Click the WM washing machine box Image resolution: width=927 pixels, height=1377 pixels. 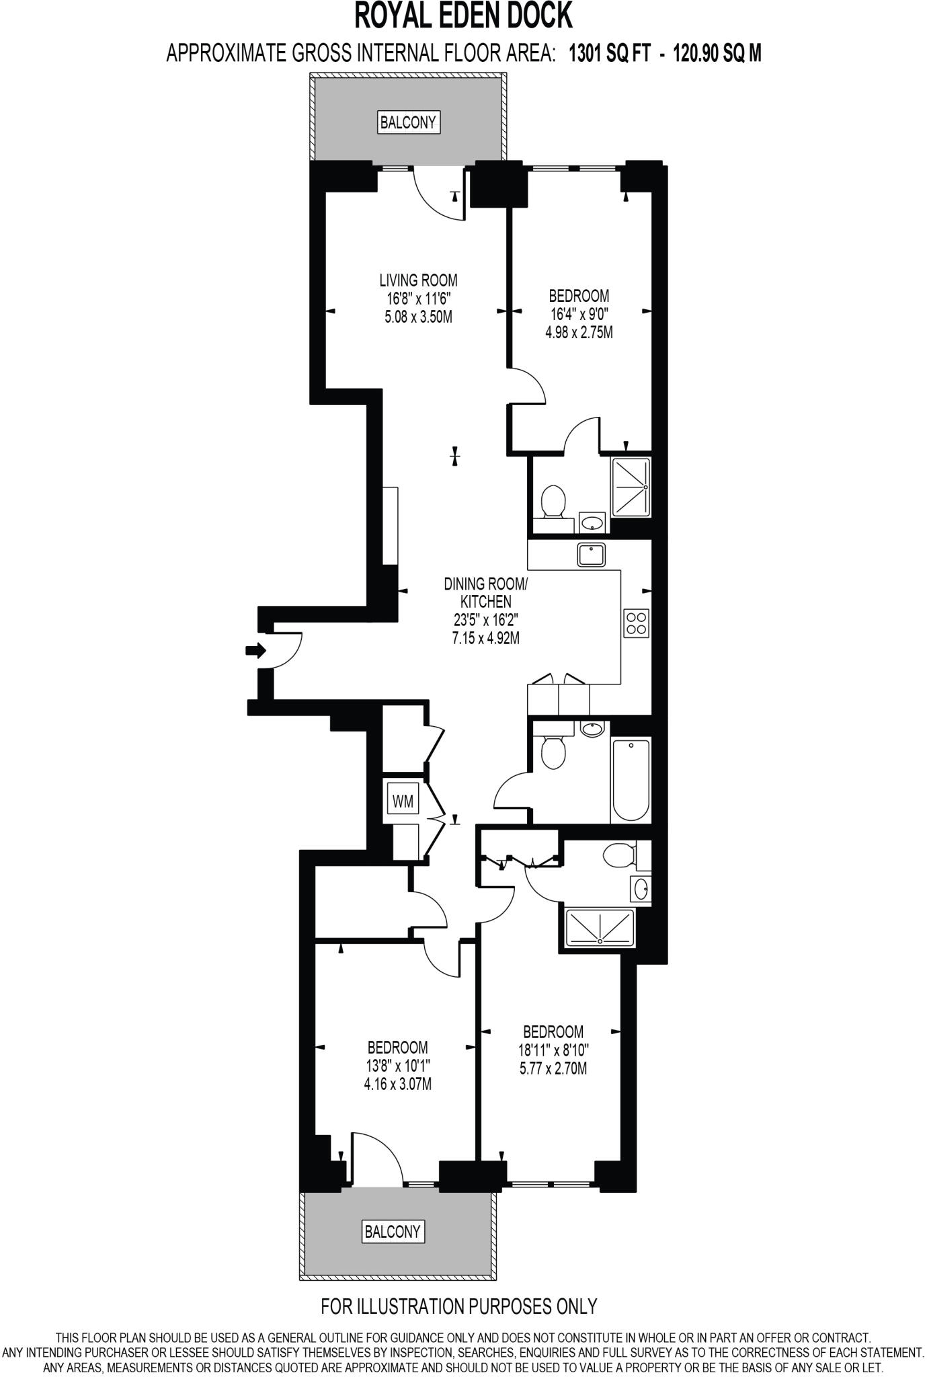(403, 801)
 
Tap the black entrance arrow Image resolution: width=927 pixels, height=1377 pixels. (255, 650)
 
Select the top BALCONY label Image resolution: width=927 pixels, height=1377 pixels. (409, 122)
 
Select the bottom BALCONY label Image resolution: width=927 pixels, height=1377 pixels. (393, 1231)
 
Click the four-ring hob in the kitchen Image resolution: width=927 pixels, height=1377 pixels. (636, 623)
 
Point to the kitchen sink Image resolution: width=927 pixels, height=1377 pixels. (591, 555)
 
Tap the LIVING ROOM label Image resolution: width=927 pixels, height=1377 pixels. (418, 280)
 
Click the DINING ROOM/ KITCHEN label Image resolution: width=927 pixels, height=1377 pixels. (486, 592)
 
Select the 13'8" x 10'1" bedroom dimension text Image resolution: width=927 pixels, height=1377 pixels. (398, 1066)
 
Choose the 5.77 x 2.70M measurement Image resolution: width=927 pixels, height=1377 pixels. (553, 1068)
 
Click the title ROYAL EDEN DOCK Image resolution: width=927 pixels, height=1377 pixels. (463, 17)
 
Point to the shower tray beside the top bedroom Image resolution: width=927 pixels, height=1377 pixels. (631, 487)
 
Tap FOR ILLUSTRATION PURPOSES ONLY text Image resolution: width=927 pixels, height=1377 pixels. (459, 1306)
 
